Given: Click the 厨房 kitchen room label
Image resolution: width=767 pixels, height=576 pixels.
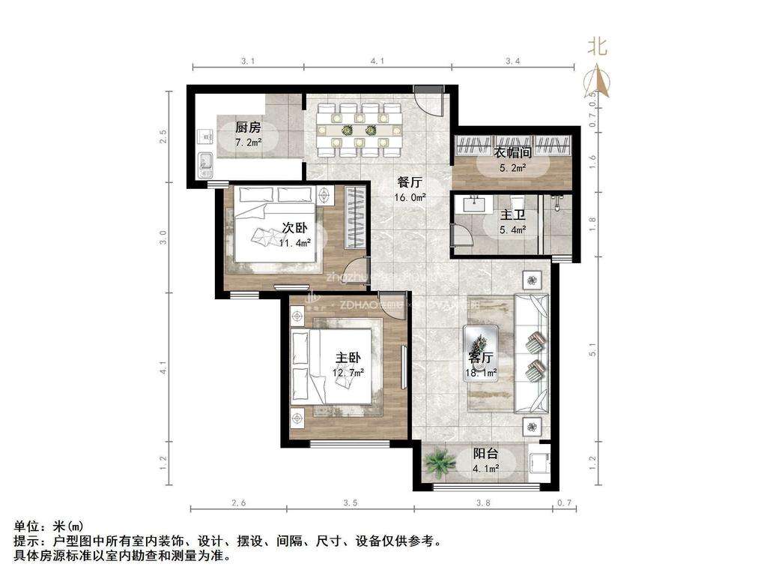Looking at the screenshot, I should click(248, 127).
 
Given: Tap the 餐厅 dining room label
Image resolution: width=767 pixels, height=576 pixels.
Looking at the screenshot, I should click(410, 182).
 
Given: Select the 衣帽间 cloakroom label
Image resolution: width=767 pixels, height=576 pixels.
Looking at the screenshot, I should click(513, 152).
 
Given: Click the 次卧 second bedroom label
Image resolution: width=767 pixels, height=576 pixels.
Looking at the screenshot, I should click(294, 227).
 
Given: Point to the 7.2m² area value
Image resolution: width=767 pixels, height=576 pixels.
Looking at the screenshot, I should click(248, 142).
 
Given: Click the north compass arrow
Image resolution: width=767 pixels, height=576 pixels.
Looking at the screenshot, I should click(597, 81).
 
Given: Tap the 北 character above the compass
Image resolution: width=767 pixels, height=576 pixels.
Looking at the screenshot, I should click(597, 47).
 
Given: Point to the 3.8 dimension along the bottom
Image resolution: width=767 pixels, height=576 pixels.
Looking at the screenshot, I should click(484, 502).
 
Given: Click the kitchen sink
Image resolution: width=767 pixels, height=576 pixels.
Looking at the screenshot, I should click(203, 163).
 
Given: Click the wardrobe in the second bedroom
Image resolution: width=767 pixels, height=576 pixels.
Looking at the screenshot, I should click(357, 217).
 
